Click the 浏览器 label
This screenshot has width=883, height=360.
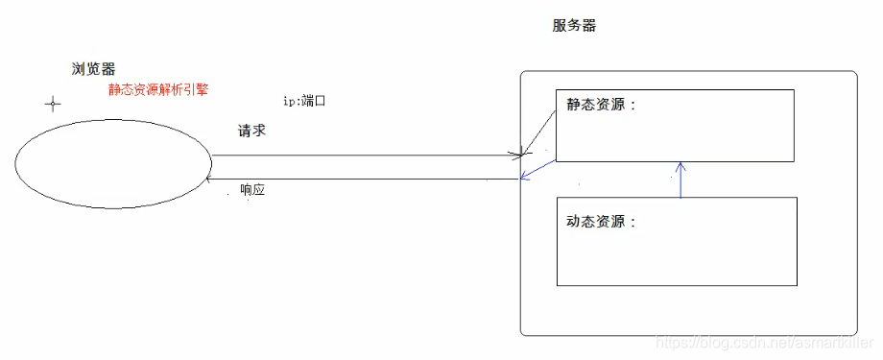(93, 69)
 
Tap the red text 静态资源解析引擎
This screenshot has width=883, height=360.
(158, 89)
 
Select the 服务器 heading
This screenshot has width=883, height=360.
(574, 26)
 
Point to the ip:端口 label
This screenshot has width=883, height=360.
(305, 101)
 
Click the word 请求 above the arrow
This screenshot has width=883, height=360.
(251, 131)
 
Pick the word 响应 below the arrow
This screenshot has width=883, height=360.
(252, 190)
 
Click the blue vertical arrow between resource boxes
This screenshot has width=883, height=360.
(680, 180)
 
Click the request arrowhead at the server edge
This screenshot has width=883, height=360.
(521, 154)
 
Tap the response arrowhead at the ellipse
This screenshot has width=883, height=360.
(212, 179)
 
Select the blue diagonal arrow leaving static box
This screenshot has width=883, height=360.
(538, 168)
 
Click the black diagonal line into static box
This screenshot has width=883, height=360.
(539, 131)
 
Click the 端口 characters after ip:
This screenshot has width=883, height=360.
(314, 101)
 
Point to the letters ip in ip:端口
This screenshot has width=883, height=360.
(289, 101)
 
